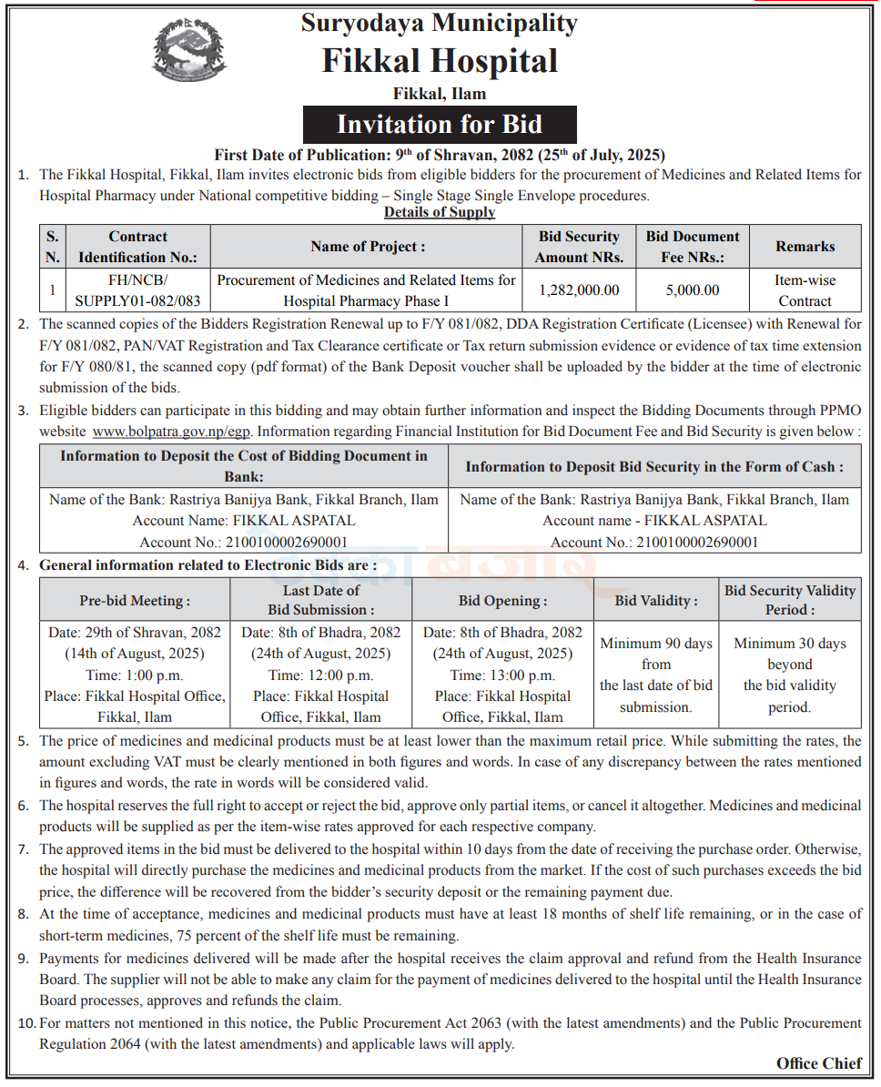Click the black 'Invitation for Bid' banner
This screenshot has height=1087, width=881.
tap(440, 125)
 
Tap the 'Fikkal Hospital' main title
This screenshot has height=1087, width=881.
tap(440, 61)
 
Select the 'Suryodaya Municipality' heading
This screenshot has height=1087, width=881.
tap(440, 22)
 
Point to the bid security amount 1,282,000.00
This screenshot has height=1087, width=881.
tap(579, 290)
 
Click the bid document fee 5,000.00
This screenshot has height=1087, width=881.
tap(693, 290)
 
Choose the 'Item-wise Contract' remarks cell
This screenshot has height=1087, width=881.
tap(805, 290)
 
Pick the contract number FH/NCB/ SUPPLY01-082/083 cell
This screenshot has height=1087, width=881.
tap(138, 290)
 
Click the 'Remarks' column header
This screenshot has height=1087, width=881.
tap(805, 246)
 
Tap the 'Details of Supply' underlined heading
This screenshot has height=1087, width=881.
tap(440, 212)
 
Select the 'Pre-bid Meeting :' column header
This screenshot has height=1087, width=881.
tap(135, 601)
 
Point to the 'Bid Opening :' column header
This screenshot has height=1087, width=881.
tap(502, 601)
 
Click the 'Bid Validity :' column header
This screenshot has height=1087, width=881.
tap(656, 601)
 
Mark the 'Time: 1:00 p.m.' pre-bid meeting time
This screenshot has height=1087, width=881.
tap(135, 675)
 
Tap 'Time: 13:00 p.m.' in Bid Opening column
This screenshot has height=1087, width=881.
tap(502, 675)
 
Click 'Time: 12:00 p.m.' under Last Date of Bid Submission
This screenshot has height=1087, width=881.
tap(320, 675)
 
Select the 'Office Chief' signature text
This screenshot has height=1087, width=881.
tap(818, 1063)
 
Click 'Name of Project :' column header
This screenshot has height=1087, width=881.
tap(368, 246)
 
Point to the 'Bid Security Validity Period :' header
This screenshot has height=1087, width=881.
tap(790, 600)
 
